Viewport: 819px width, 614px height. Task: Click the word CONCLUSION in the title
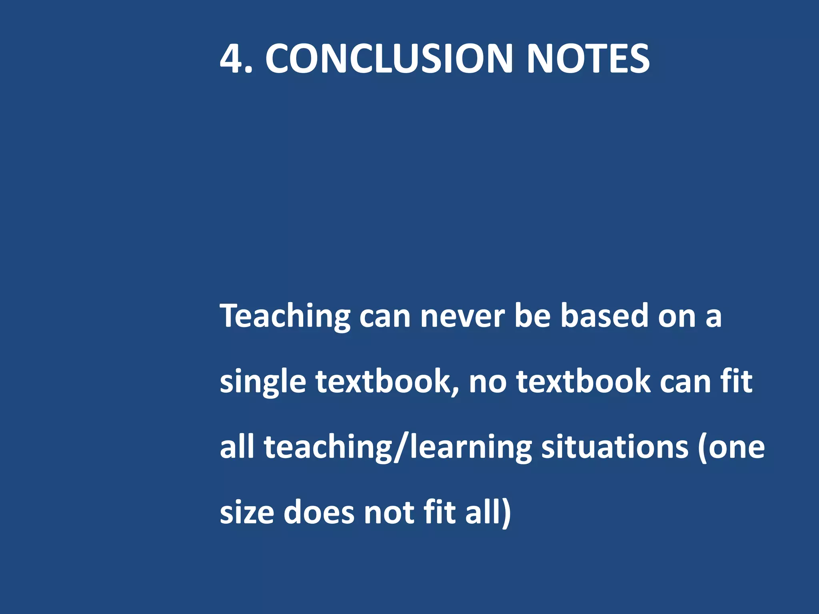(x=389, y=59)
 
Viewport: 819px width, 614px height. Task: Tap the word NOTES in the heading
(x=588, y=59)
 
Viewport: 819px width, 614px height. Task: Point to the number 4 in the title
(x=232, y=59)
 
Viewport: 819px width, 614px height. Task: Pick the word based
(x=604, y=316)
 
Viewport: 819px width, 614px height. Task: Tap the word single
(x=263, y=382)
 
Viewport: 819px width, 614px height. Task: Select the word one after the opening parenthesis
(x=736, y=448)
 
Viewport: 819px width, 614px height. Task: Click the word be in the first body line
(x=532, y=316)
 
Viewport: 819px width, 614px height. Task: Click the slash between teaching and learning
(x=400, y=448)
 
